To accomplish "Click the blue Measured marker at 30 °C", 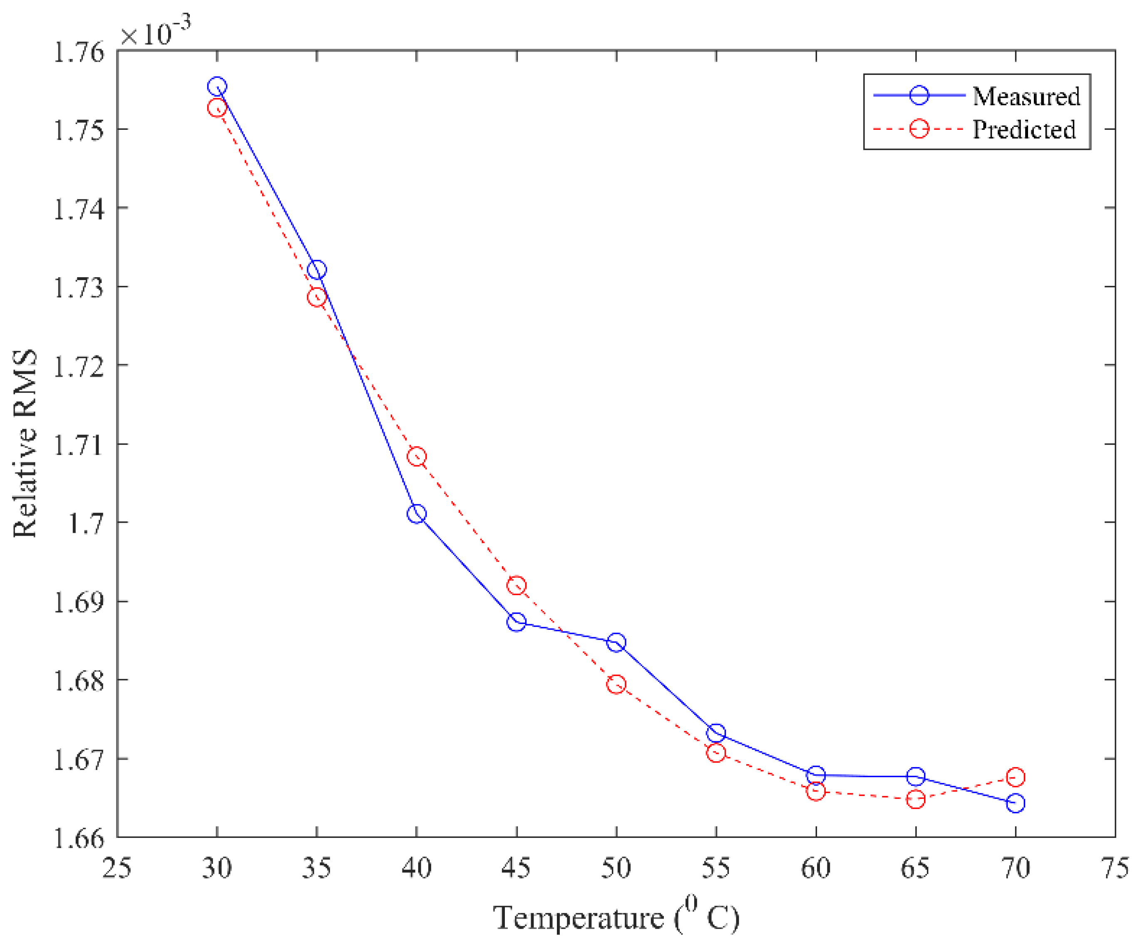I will click(216, 86).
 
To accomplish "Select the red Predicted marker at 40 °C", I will click(416, 456).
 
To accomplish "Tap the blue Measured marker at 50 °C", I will click(616, 642).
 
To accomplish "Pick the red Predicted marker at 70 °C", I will click(1015, 777).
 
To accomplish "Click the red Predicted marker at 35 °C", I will click(316, 297).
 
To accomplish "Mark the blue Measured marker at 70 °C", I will click(1015, 803).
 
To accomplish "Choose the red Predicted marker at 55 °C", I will click(716, 753).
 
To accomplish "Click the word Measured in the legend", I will click(1026, 97).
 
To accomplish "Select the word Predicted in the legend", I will click(1024, 129).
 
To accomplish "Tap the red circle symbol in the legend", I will click(919, 129).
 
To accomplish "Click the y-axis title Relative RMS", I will click(25, 442).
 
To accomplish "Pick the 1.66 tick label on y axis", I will click(79, 838).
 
